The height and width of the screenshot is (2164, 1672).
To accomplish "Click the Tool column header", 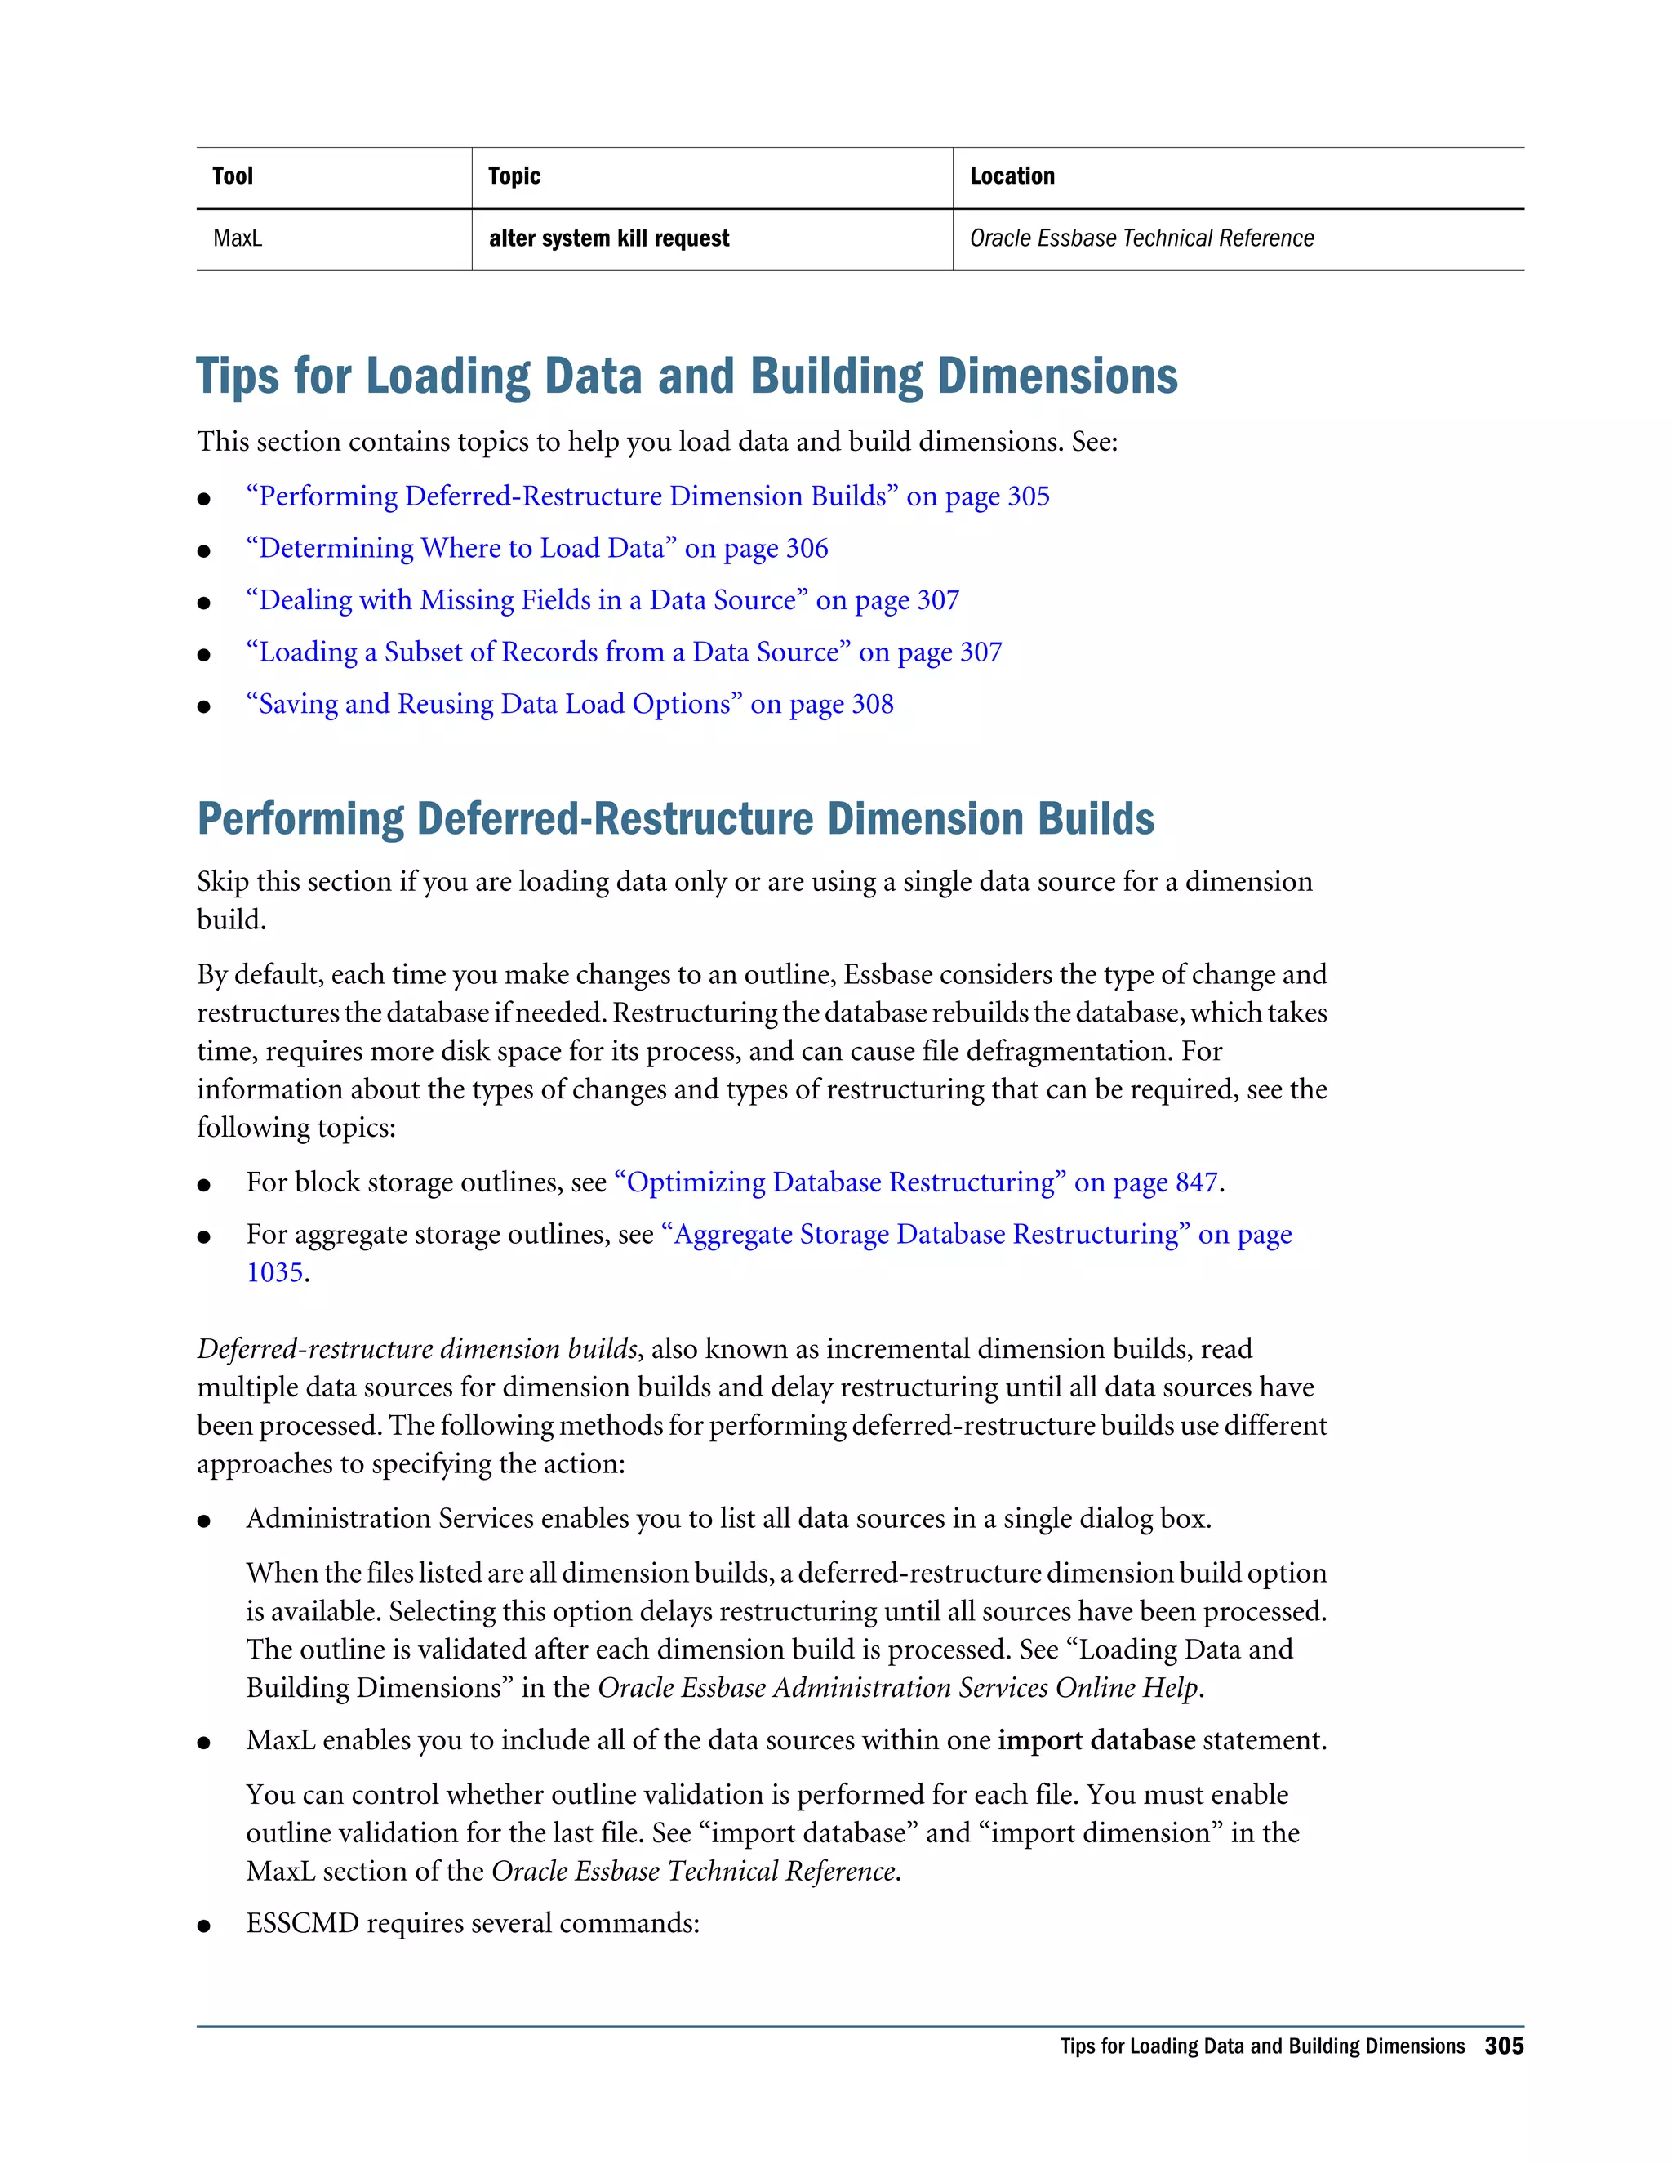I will pos(233,176).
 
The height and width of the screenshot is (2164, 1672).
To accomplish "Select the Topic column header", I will pos(514,176).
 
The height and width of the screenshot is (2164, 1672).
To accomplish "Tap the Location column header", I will pos(1012,176).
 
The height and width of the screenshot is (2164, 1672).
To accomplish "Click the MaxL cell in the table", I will pos(238,238).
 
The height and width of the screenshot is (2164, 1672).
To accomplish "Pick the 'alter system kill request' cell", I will pos(608,238).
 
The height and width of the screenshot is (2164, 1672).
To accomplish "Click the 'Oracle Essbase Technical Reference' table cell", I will pos(1141,238).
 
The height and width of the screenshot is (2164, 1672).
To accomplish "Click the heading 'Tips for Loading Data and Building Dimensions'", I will pos(687,376).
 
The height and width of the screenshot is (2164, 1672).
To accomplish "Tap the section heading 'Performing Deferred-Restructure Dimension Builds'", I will pos(675,818).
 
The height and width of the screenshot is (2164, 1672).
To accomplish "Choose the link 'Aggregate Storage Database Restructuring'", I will pos(975,1235).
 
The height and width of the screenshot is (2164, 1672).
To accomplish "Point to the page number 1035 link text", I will pos(274,1272).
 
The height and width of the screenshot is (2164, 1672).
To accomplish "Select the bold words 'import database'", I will pos(1096,1741).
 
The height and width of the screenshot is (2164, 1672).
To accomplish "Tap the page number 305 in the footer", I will pos(1503,2046).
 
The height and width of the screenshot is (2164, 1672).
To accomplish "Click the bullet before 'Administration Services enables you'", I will pos(204,1522).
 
